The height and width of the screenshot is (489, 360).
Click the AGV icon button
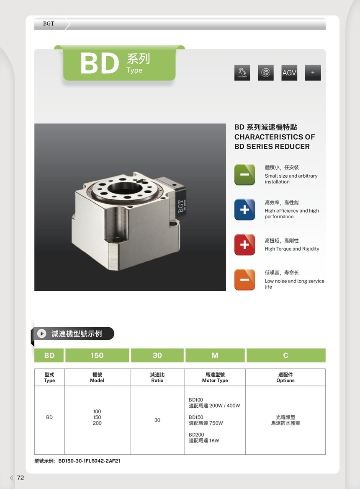[x=289, y=72]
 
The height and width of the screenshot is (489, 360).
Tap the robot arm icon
[x=242, y=72]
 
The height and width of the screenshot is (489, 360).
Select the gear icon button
[x=266, y=72]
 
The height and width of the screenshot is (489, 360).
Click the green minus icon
[x=244, y=174]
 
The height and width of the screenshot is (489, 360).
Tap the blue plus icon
[x=244, y=209]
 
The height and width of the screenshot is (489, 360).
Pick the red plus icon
[x=244, y=245]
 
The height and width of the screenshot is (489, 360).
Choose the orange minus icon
[x=244, y=279]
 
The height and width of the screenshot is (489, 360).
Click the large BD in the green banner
[x=100, y=63]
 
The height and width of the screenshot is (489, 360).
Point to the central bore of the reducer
[x=125, y=189]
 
